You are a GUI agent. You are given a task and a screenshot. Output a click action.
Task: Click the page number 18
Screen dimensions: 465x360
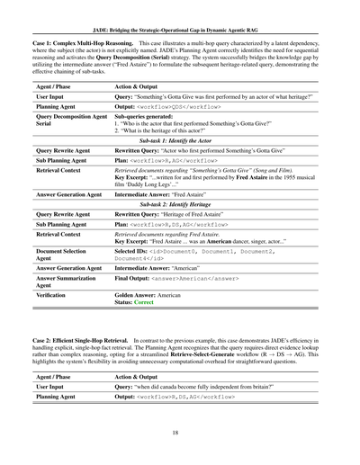pos(180,432)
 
